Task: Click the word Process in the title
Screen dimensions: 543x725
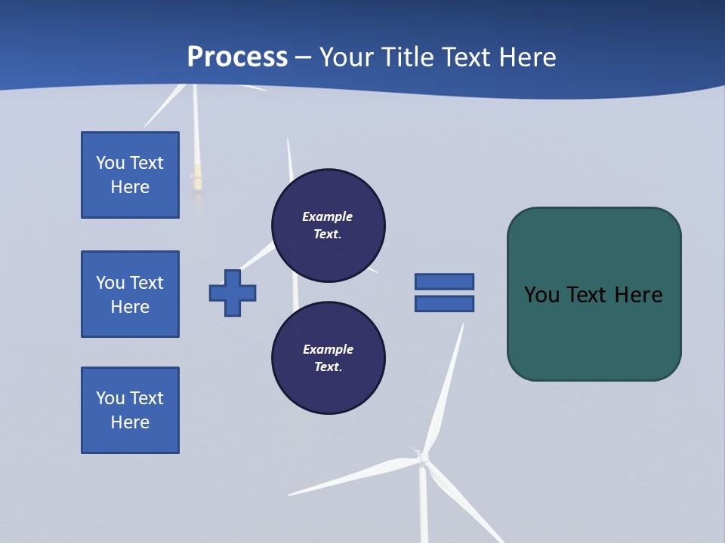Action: pyautogui.click(x=237, y=57)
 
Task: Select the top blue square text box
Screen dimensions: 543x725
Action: pyautogui.click(x=130, y=175)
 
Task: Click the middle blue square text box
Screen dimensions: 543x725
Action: pyautogui.click(x=130, y=294)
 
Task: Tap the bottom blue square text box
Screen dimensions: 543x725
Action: pyautogui.click(x=130, y=410)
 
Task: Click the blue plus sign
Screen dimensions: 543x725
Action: pyautogui.click(x=233, y=293)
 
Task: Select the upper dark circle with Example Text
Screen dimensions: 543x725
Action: pyautogui.click(x=329, y=225)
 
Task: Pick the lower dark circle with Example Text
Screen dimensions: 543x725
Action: pyautogui.click(x=329, y=357)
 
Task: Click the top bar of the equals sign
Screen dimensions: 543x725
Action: pyautogui.click(x=444, y=281)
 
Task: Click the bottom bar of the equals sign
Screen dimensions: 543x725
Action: pyautogui.click(x=444, y=304)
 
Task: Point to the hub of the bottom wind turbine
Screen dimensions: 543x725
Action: pyautogui.click(x=423, y=458)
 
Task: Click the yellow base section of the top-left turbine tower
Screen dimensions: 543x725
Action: pyautogui.click(x=198, y=177)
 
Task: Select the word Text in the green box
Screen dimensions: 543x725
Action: pyautogui.click(x=589, y=295)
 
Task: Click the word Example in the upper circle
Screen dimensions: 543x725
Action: pyautogui.click(x=328, y=216)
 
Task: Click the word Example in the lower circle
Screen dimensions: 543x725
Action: pyautogui.click(x=329, y=349)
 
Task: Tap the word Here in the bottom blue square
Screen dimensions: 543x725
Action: pyautogui.click(x=130, y=422)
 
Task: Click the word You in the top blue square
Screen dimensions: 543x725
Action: pyautogui.click(x=110, y=163)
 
